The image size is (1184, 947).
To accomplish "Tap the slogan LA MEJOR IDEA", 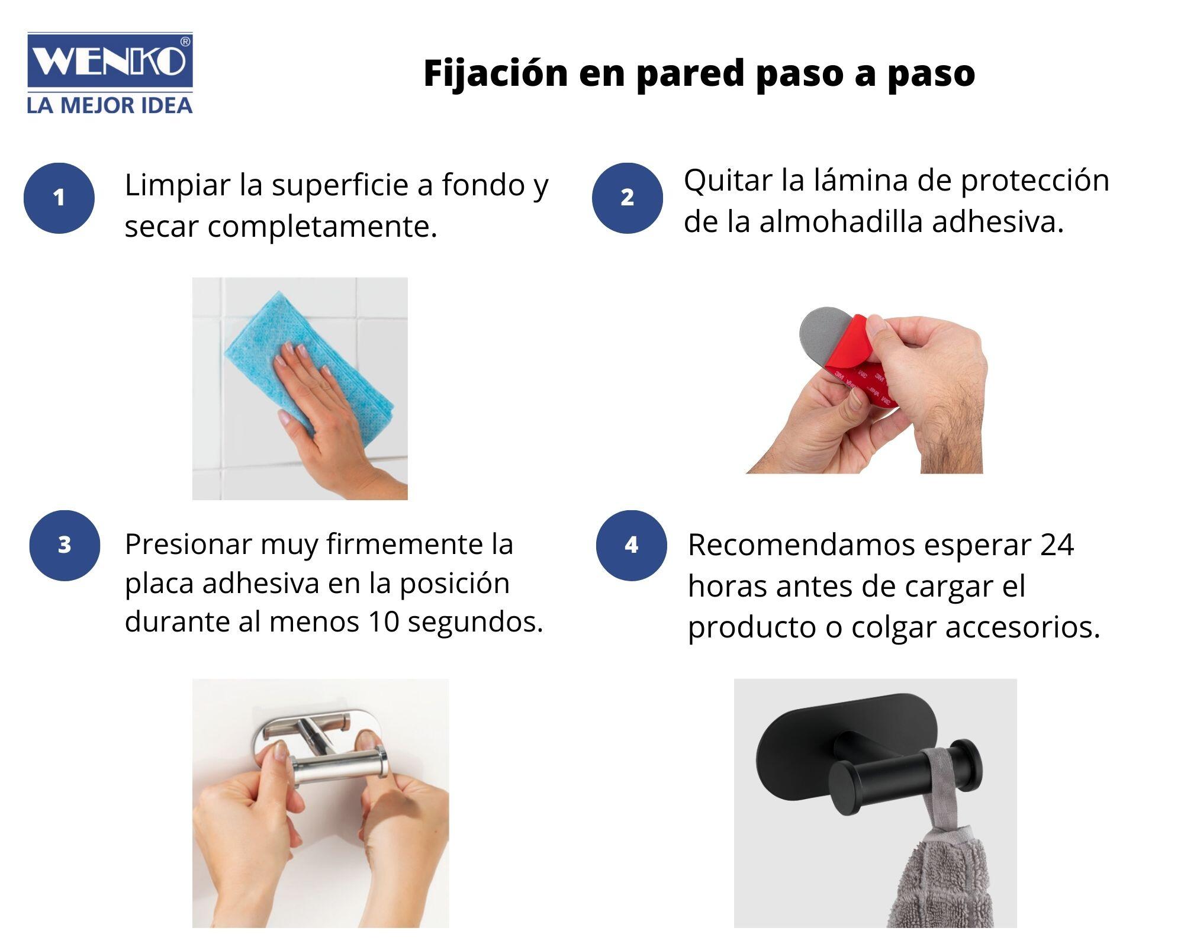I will [x=110, y=106].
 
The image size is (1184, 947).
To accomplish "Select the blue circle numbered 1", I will [x=59, y=198].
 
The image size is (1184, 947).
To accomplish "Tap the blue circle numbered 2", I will [x=628, y=198].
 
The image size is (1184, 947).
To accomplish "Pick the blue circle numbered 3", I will [x=65, y=545].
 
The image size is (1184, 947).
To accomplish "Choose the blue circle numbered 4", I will [x=631, y=545].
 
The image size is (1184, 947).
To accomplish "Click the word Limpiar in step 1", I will [x=177, y=185].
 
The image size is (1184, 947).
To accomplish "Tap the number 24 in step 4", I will [x=1057, y=545].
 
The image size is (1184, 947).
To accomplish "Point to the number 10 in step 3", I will [x=384, y=621].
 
